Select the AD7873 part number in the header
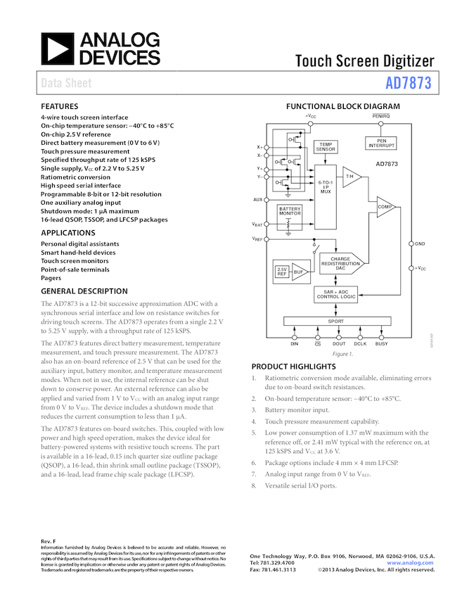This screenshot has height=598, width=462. [x=409, y=84]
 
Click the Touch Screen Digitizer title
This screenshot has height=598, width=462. [x=364, y=61]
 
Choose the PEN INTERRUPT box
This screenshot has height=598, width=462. [x=381, y=143]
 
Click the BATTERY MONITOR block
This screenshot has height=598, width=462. [x=290, y=210]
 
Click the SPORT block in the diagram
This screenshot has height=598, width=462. [x=336, y=321]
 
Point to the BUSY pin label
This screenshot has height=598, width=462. [x=381, y=344]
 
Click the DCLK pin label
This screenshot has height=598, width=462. [x=360, y=344]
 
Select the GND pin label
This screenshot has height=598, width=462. [x=420, y=243]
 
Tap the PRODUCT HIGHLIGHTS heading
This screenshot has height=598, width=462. [x=293, y=367]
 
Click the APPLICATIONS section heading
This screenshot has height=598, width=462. [x=69, y=232]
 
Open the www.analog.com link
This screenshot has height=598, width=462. [x=411, y=563]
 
